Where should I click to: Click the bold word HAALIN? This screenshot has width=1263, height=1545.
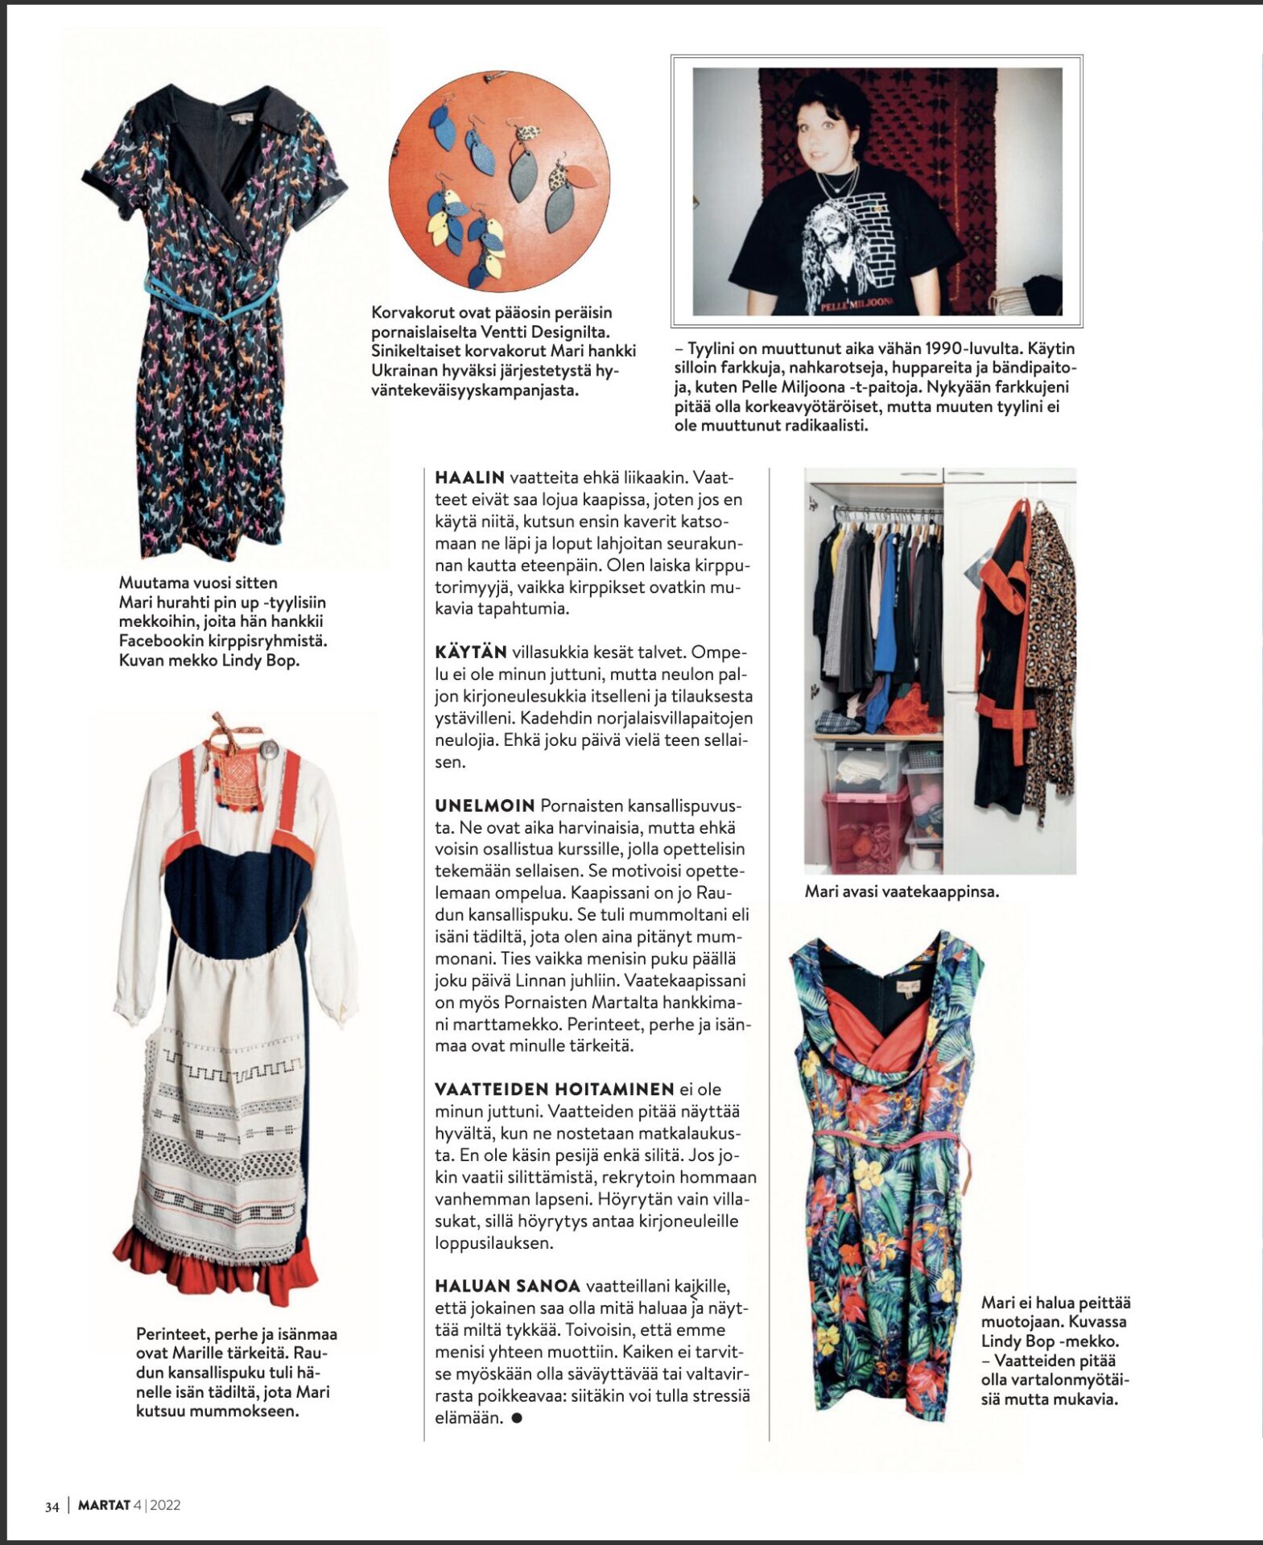click(x=469, y=477)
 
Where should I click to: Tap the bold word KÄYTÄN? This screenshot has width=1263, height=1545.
click(x=471, y=652)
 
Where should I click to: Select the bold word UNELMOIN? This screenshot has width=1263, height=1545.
click(x=485, y=805)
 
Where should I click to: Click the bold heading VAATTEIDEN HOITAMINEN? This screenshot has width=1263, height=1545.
click(x=554, y=1090)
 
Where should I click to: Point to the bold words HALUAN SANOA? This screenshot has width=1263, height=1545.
click(x=507, y=1286)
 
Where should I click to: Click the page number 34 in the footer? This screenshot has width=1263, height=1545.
click(x=52, y=1506)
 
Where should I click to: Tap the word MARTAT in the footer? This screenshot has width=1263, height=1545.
click(x=104, y=1506)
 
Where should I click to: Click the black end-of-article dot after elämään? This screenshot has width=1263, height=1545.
click(x=517, y=1418)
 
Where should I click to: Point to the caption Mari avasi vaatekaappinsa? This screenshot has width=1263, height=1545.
click(x=901, y=891)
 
